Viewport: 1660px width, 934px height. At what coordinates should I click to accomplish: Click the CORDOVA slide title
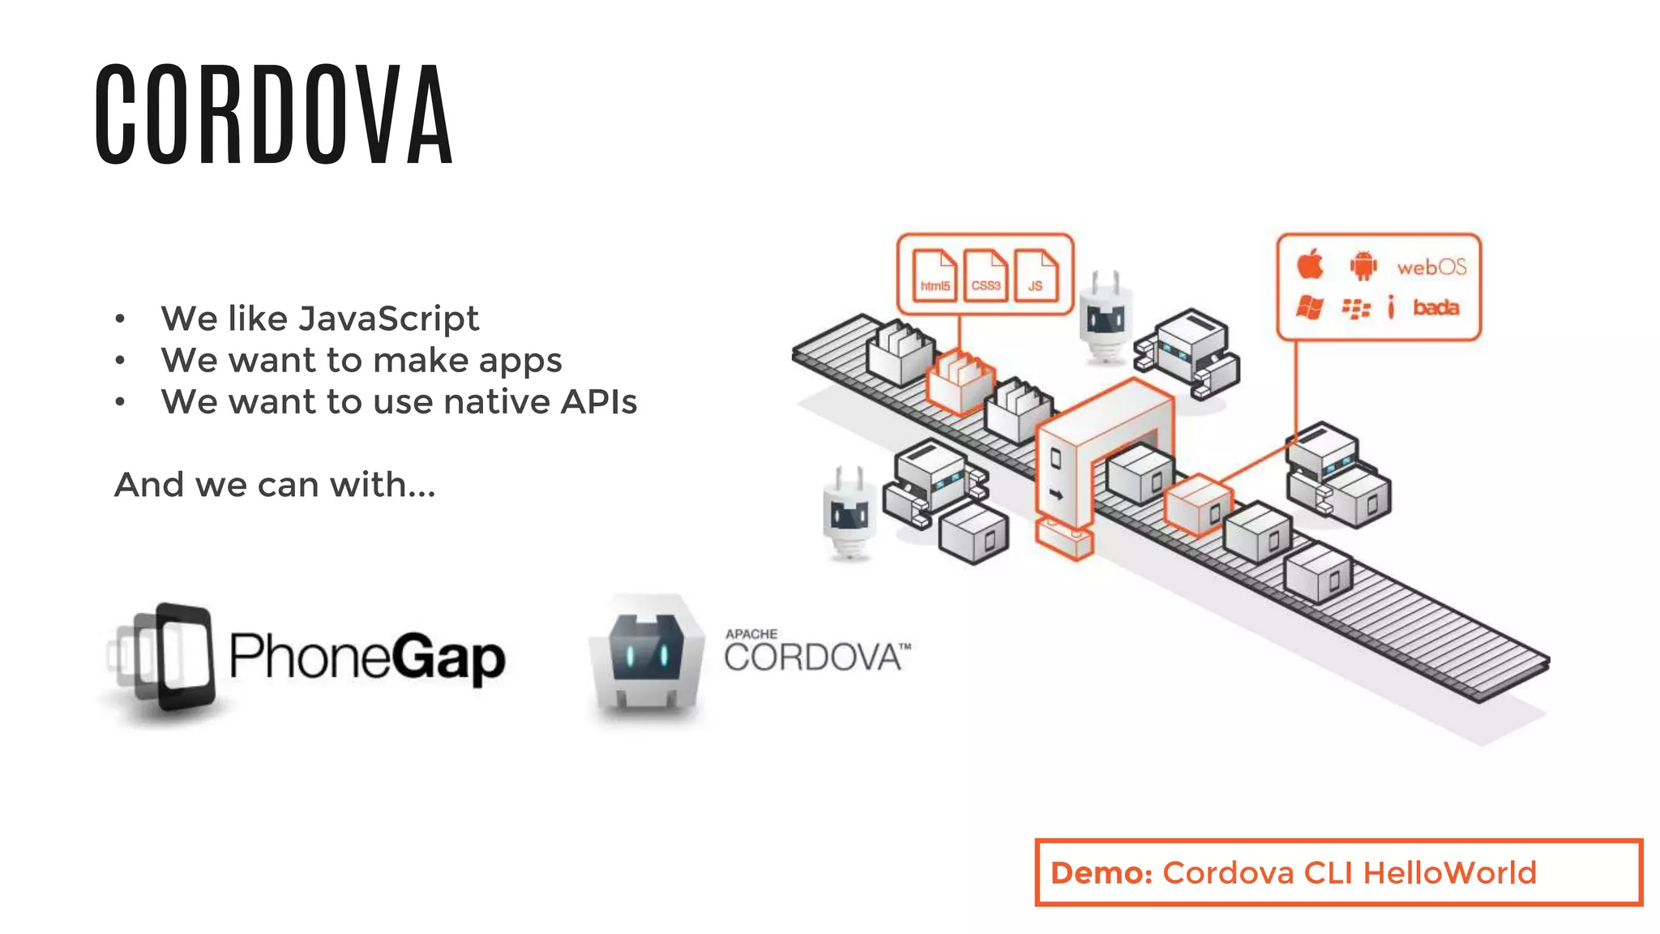(273, 116)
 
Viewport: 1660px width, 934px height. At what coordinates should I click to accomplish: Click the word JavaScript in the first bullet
(388, 319)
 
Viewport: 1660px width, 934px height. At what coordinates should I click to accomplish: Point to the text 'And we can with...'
(275, 485)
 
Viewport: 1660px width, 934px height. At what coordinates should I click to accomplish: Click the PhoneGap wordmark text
(366, 657)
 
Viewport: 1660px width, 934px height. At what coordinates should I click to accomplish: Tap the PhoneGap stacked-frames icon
(166, 657)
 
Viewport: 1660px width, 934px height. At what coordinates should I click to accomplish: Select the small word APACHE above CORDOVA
(751, 634)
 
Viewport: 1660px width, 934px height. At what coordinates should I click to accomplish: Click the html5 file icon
(935, 276)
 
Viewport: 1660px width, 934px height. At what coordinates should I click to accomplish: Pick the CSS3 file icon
(986, 276)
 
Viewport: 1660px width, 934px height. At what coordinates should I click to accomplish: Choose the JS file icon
(1036, 276)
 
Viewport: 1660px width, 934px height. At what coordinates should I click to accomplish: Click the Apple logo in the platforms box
(1310, 265)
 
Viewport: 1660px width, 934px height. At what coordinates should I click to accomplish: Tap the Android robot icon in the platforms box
(1363, 265)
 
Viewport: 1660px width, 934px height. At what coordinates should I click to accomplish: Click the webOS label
(1431, 267)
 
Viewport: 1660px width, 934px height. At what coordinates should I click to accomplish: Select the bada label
(1435, 307)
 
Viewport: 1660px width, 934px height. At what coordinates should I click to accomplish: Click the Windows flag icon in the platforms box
(1310, 307)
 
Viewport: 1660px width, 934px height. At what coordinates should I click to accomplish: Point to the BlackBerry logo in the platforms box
(1356, 308)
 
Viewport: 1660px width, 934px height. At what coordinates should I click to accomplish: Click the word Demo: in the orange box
(1101, 873)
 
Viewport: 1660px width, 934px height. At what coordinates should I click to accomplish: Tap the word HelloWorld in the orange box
(1449, 873)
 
